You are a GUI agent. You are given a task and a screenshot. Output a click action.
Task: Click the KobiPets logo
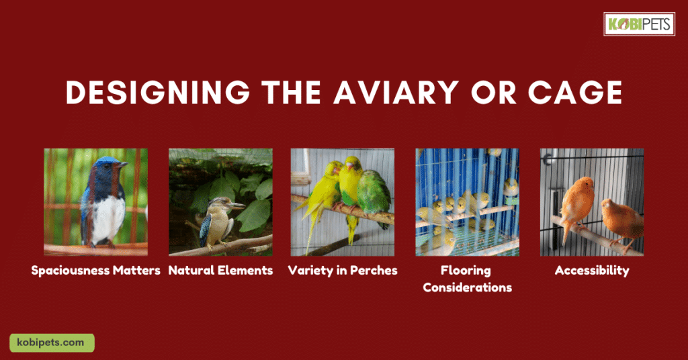click(x=639, y=24)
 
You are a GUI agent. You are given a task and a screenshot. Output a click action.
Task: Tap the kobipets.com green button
click(x=52, y=343)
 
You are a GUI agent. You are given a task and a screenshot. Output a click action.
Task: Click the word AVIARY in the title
click(x=396, y=93)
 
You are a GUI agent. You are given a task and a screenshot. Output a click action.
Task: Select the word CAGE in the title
click(x=575, y=93)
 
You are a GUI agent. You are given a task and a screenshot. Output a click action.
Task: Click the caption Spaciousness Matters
click(x=95, y=270)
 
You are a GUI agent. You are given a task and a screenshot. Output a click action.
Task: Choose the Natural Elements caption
click(x=220, y=270)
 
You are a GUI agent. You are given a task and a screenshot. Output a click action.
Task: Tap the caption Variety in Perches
click(x=343, y=270)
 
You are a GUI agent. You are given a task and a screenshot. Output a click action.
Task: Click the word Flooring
click(x=466, y=271)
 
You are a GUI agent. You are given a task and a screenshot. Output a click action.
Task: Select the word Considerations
click(x=468, y=287)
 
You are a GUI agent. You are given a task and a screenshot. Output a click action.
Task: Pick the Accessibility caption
click(x=592, y=271)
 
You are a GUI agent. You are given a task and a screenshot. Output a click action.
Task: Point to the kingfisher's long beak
click(x=235, y=205)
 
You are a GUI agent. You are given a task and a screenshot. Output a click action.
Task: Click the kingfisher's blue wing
click(x=205, y=228)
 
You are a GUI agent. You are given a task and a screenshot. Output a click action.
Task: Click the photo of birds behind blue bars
click(x=468, y=202)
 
